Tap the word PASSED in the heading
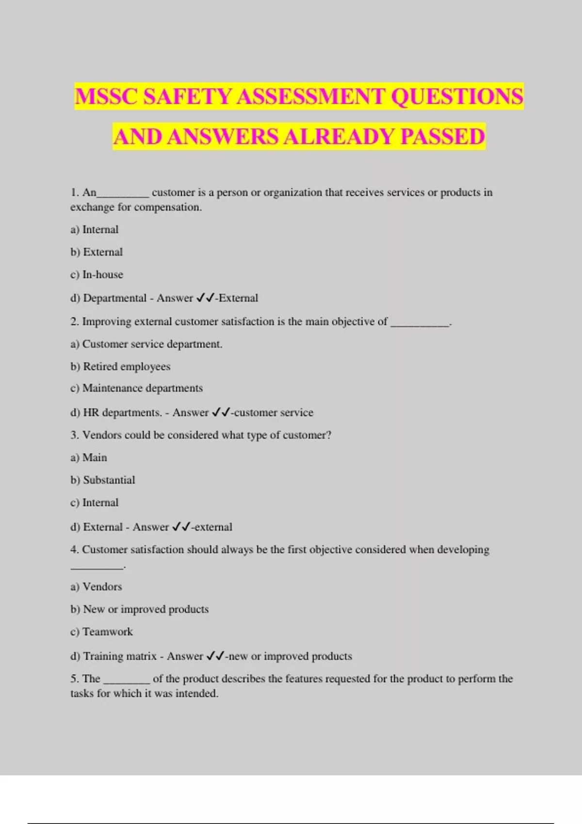pos(442,136)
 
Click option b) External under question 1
pos(97,252)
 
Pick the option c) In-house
pos(97,274)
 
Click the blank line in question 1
pos(123,195)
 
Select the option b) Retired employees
pos(120,366)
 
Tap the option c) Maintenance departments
pos(136,388)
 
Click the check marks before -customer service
pos(221,412)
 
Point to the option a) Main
pos(89,458)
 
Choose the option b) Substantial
pos(103,480)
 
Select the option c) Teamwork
pos(101,632)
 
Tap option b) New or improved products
pos(139,609)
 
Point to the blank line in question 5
pos(127,681)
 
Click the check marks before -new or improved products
pos(215,656)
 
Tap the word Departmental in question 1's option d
pos(115,298)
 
